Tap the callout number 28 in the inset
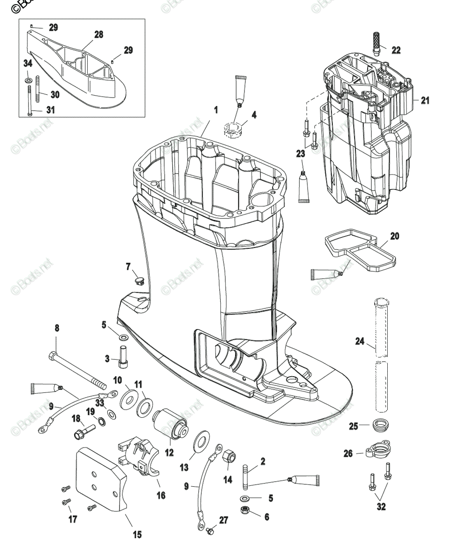(x=98, y=35)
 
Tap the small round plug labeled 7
(x=138, y=280)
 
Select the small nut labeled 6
(x=244, y=510)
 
